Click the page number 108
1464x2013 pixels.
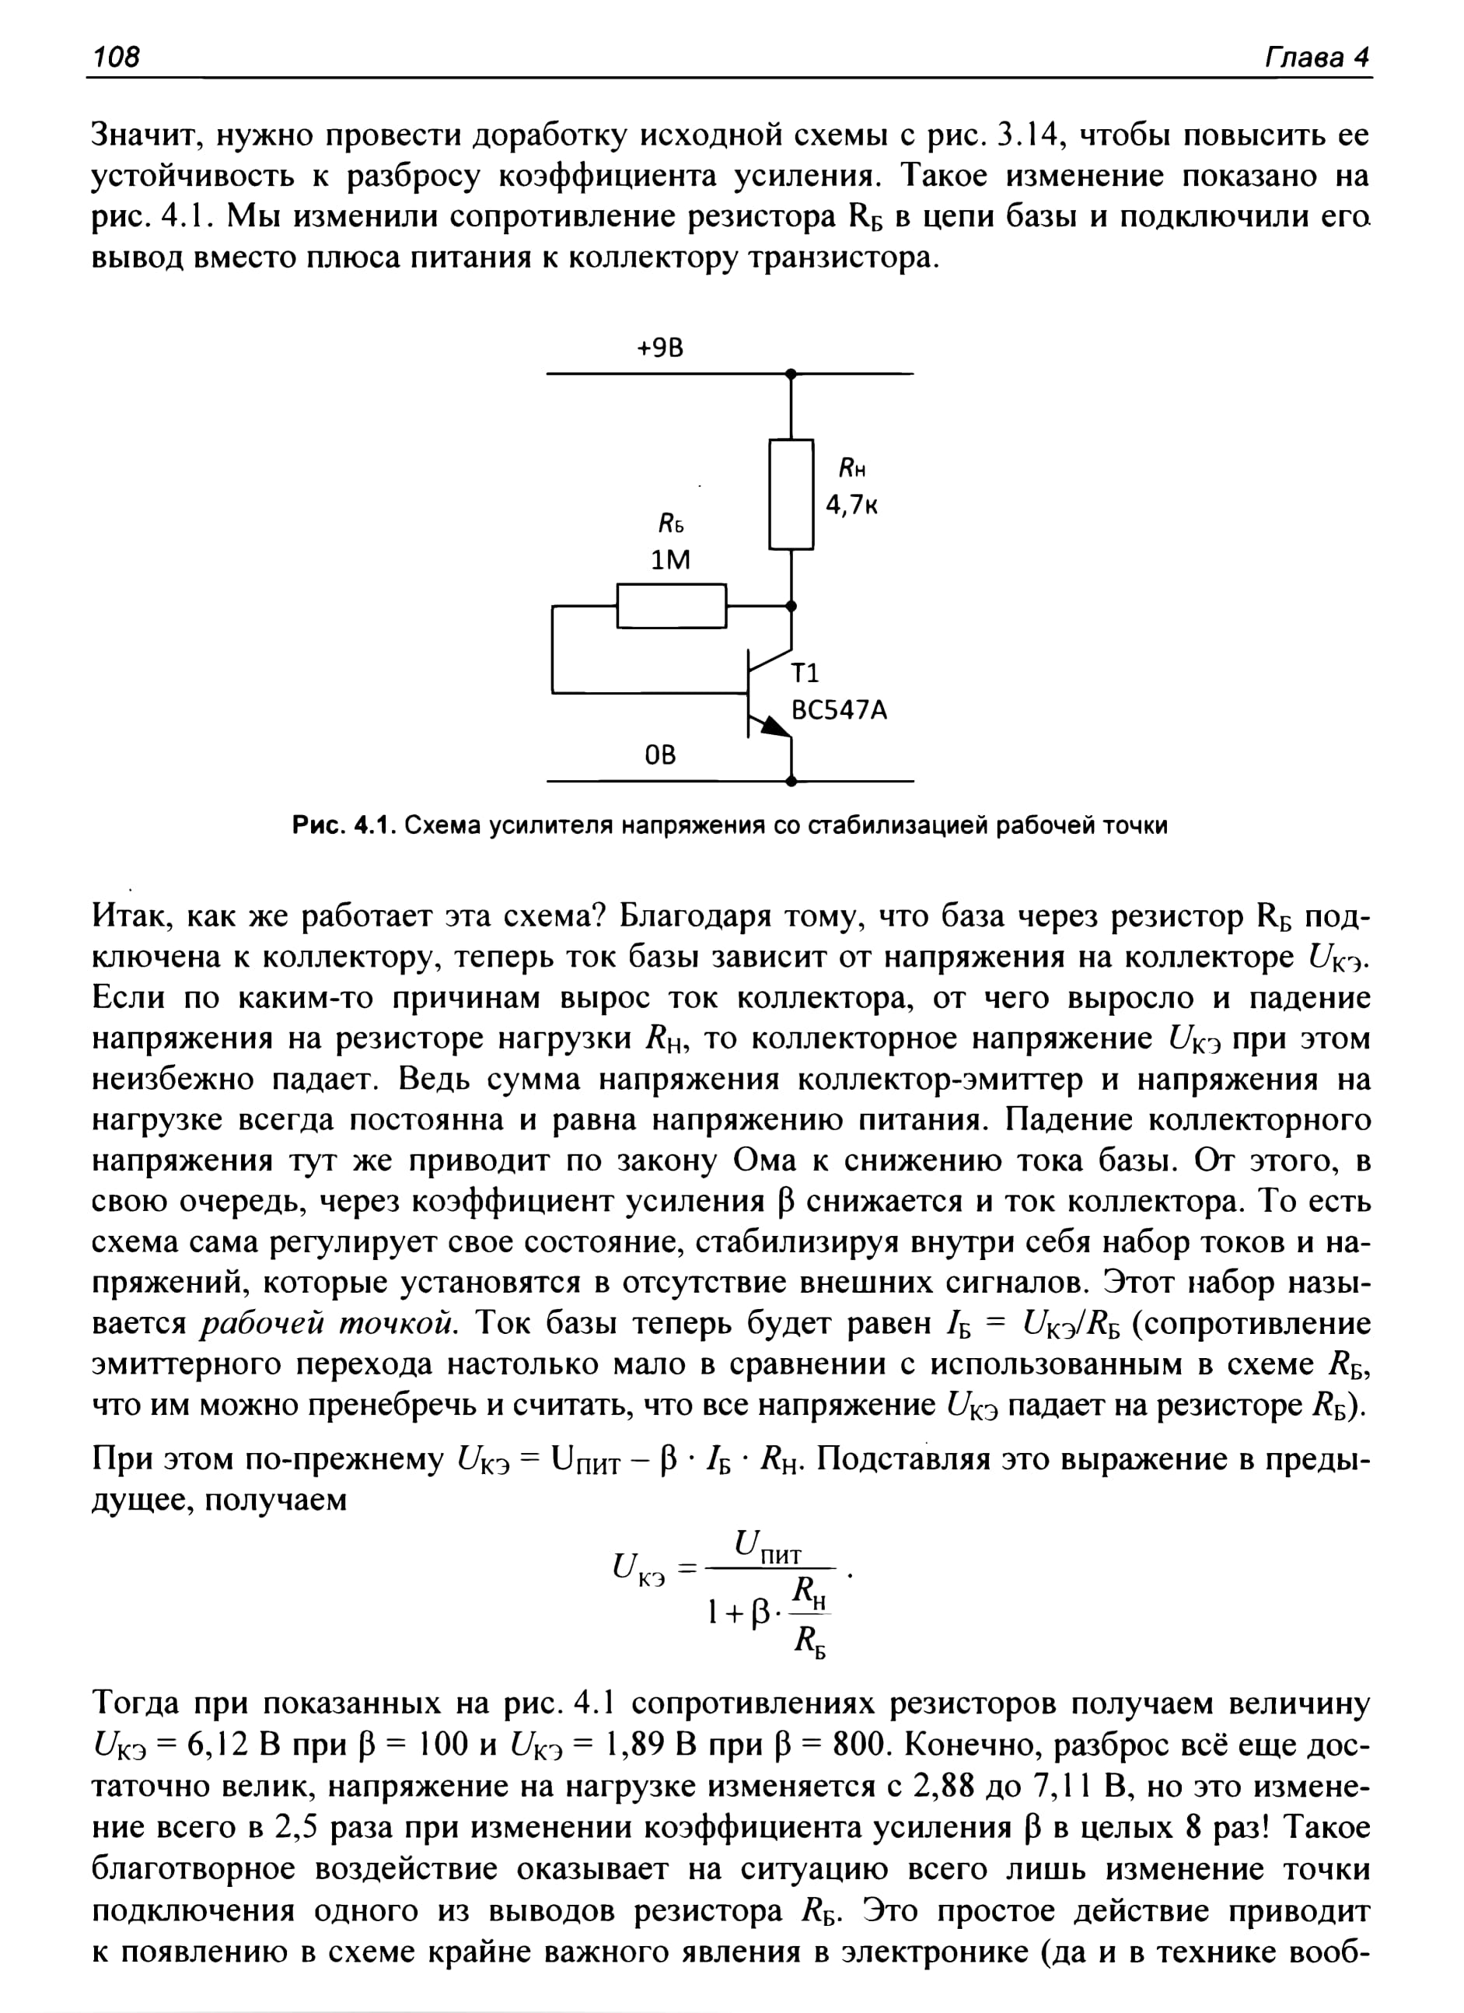117,58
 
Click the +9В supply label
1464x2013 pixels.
660,348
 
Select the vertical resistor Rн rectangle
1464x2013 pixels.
791,495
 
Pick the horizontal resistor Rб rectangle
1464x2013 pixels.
672,606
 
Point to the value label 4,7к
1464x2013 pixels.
852,505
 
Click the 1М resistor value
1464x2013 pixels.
671,560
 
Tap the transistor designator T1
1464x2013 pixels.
805,674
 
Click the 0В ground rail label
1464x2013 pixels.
660,754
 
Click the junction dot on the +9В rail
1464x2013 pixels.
791,375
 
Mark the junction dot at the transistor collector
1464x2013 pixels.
791,606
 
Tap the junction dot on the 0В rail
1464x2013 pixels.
791,782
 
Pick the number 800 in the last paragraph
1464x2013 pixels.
861,1745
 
